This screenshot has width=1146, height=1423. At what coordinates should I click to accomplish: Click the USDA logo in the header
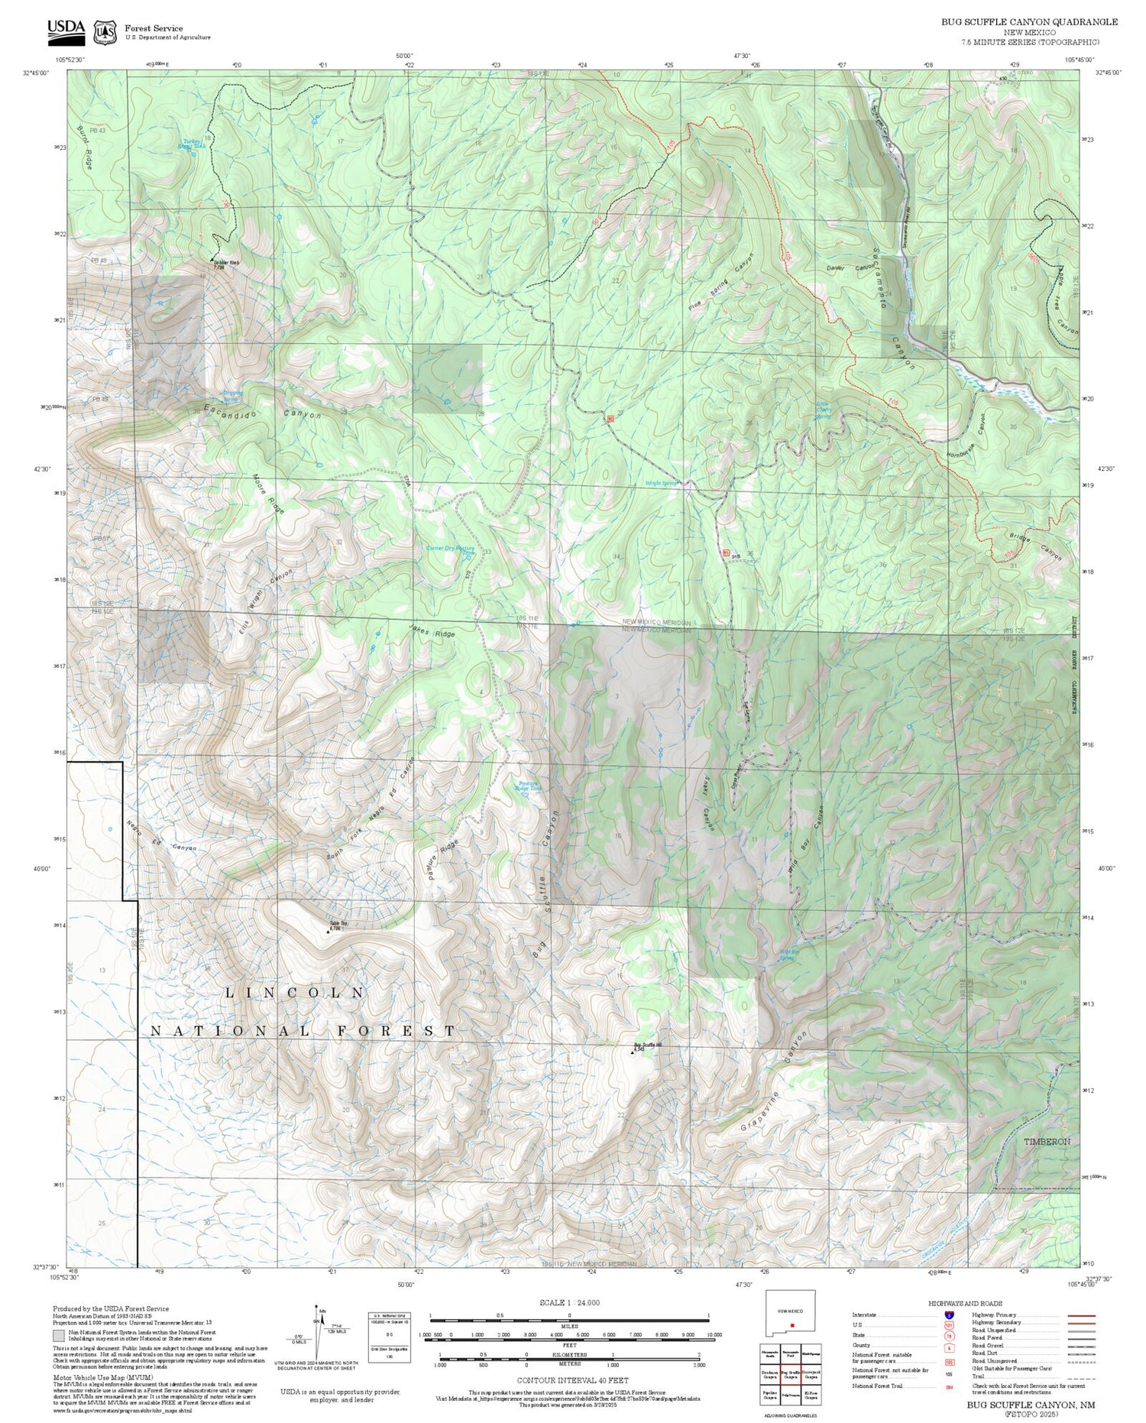point(66,28)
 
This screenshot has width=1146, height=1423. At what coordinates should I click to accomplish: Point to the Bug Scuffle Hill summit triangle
point(632,1053)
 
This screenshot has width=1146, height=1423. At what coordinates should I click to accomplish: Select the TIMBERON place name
point(1047,1141)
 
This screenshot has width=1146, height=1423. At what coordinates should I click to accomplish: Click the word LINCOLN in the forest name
point(295,992)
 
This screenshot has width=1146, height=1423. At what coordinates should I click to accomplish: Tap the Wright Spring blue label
point(662,483)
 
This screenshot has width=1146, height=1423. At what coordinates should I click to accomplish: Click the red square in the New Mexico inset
point(793,1325)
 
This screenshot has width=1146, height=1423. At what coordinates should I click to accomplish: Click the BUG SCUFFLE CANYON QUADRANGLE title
point(1029,21)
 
